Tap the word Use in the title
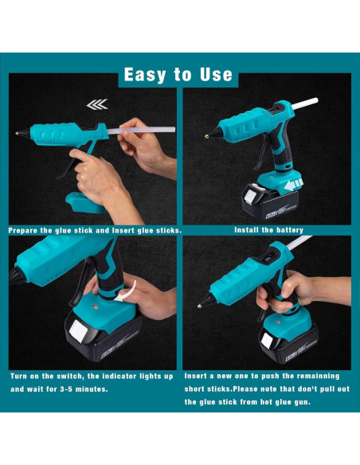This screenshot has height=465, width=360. (x=216, y=74)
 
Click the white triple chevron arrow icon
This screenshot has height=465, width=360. (x=97, y=104)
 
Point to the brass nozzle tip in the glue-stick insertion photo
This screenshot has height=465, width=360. (x=18, y=134)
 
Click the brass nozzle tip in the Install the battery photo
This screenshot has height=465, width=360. (x=206, y=136)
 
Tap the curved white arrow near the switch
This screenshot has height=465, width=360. (x=127, y=293)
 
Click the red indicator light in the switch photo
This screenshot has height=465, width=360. (x=96, y=307)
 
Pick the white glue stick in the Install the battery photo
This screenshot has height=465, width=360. (x=305, y=104)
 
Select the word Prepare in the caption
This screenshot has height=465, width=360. (x=23, y=231)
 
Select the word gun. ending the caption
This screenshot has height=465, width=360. (x=303, y=402)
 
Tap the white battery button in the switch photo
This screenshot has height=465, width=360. (x=78, y=331)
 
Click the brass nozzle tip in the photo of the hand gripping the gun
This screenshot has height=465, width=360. (x=200, y=306)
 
